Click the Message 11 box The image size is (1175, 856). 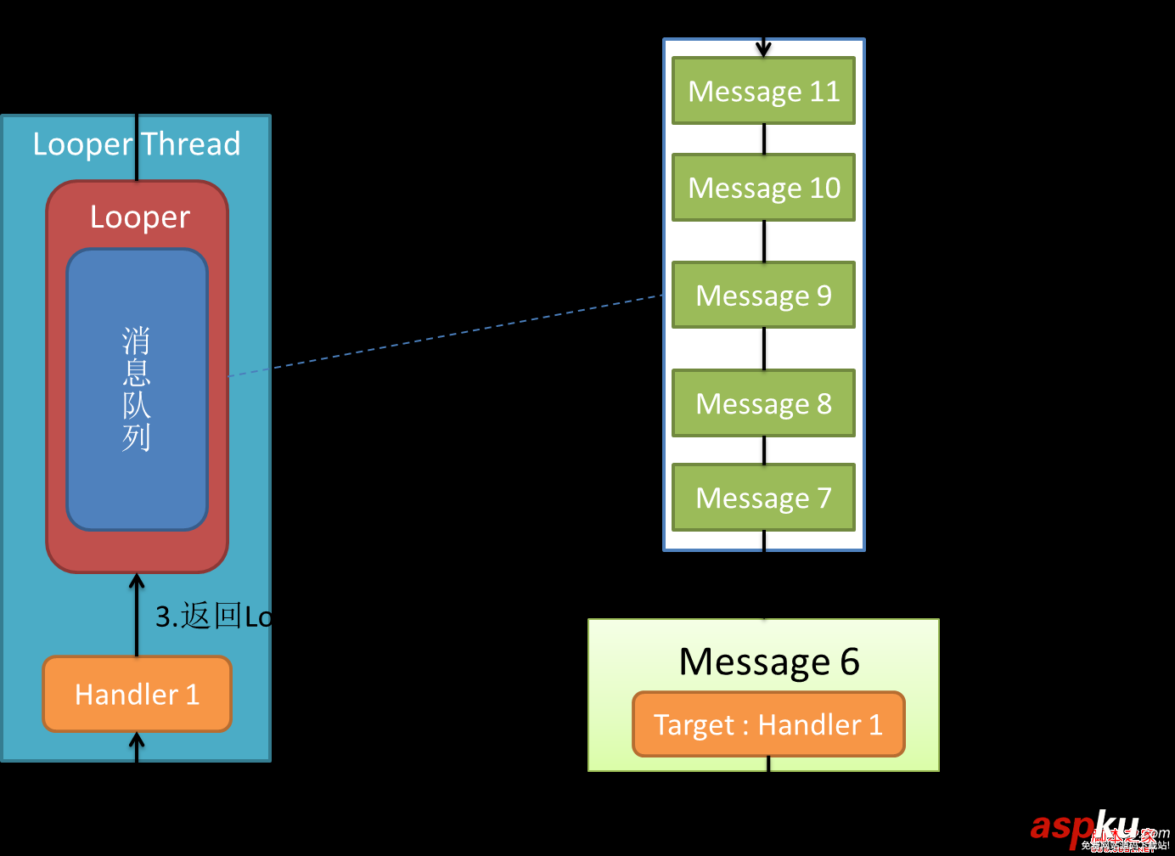[x=763, y=91]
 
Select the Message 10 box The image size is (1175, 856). [x=763, y=188]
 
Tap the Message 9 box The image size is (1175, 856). [x=763, y=296]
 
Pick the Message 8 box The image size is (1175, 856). [x=763, y=403]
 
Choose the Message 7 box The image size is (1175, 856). [x=763, y=498]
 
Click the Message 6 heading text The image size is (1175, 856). [x=769, y=662]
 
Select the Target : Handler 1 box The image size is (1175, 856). [x=768, y=724]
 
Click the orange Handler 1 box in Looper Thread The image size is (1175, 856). [x=137, y=694]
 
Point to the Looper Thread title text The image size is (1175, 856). [x=137, y=144]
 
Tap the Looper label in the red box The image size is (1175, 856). [x=140, y=217]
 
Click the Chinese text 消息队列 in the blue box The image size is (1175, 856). [x=137, y=389]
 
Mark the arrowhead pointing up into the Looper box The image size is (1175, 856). [x=137, y=582]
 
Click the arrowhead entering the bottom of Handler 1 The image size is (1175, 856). [x=137, y=741]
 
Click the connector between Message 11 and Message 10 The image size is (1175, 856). [x=764, y=139]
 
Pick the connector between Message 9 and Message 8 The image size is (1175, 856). [x=764, y=349]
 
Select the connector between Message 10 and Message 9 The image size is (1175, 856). [x=764, y=241]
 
